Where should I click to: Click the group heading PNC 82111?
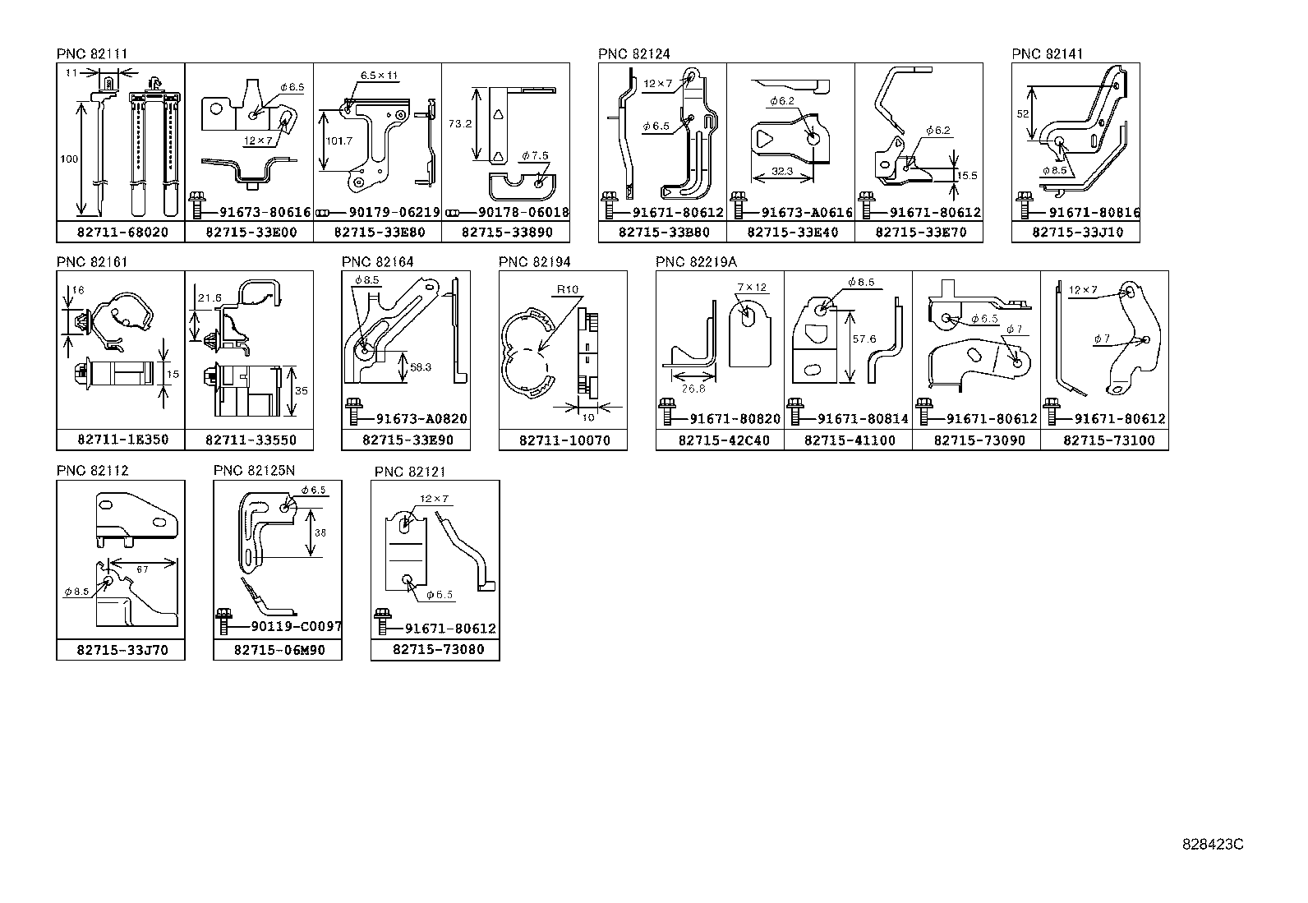92,54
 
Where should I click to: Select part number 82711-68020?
122,233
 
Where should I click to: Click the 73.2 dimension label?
460,123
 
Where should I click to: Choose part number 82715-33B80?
663,233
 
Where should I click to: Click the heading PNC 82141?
1048,54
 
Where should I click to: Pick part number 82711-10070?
564,440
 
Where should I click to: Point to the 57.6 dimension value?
864,339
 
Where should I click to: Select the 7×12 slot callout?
751,287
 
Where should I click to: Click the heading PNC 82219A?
697,262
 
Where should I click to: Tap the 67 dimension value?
142,569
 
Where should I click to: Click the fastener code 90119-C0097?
295,627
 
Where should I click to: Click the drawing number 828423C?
1213,844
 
